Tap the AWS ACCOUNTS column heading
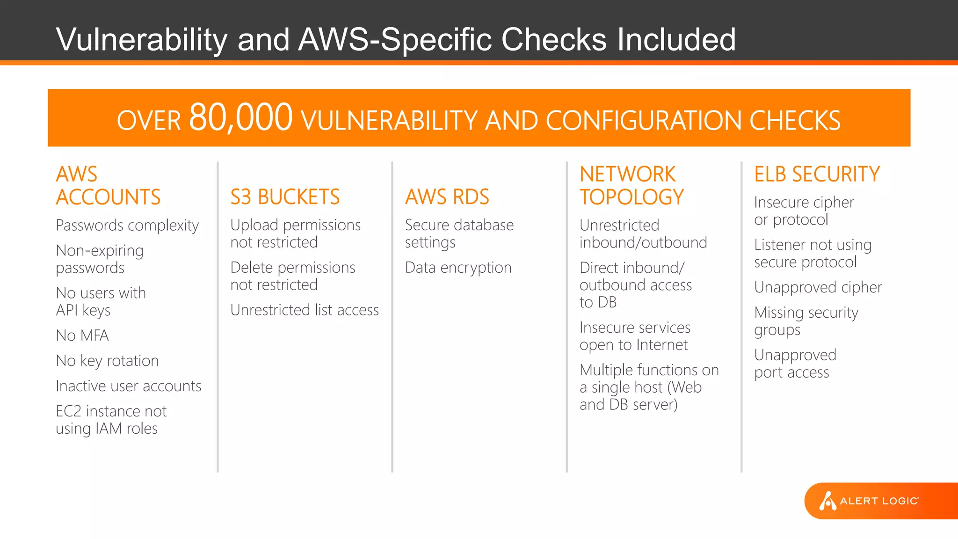click(108, 186)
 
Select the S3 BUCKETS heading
click(285, 197)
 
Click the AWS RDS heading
click(447, 197)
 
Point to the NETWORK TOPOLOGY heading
click(631, 186)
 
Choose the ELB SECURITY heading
click(817, 174)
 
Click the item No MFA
click(82, 335)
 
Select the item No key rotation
click(107, 361)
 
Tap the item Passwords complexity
click(127, 226)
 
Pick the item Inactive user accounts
click(129, 386)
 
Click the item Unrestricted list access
click(305, 310)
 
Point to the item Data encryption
click(458, 268)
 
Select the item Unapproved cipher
click(818, 287)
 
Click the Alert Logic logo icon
click(827, 501)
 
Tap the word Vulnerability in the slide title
click(141, 39)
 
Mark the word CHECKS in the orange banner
click(795, 121)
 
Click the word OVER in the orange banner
click(148, 121)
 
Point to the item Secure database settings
click(459, 233)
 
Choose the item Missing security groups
click(806, 321)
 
